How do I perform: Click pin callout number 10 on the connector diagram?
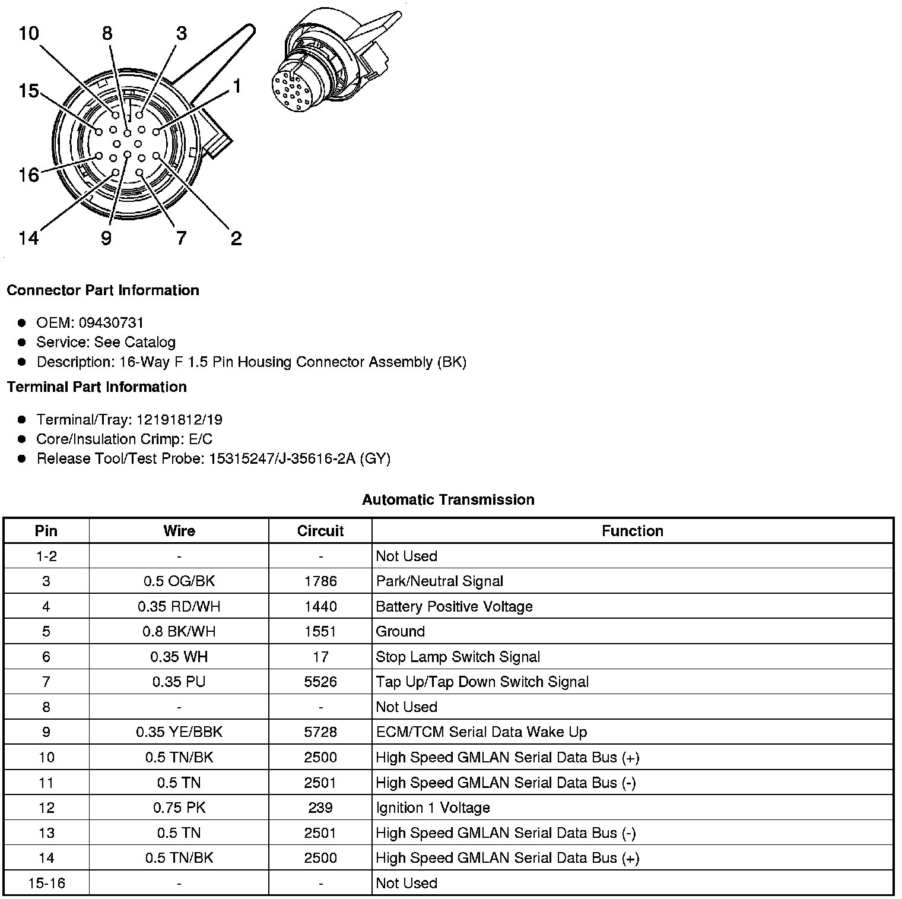(x=28, y=33)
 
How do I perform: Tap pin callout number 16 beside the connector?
(x=28, y=175)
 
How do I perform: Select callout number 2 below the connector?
(x=236, y=239)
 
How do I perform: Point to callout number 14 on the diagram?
(x=28, y=238)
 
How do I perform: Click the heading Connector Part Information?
(x=103, y=290)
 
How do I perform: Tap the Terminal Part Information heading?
(x=97, y=387)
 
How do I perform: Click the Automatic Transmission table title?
(x=448, y=500)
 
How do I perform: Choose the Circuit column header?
(x=320, y=531)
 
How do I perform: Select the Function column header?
(x=633, y=531)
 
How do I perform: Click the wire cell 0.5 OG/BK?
(x=179, y=581)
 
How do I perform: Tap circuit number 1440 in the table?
(x=320, y=606)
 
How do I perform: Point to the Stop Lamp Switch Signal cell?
(x=458, y=657)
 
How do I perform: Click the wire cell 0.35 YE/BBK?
(x=179, y=732)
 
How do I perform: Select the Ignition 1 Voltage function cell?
(x=433, y=808)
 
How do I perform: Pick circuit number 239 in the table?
(x=320, y=808)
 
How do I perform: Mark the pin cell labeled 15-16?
(x=46, y=883)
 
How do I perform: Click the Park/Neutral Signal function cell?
(x=439, y=581)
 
